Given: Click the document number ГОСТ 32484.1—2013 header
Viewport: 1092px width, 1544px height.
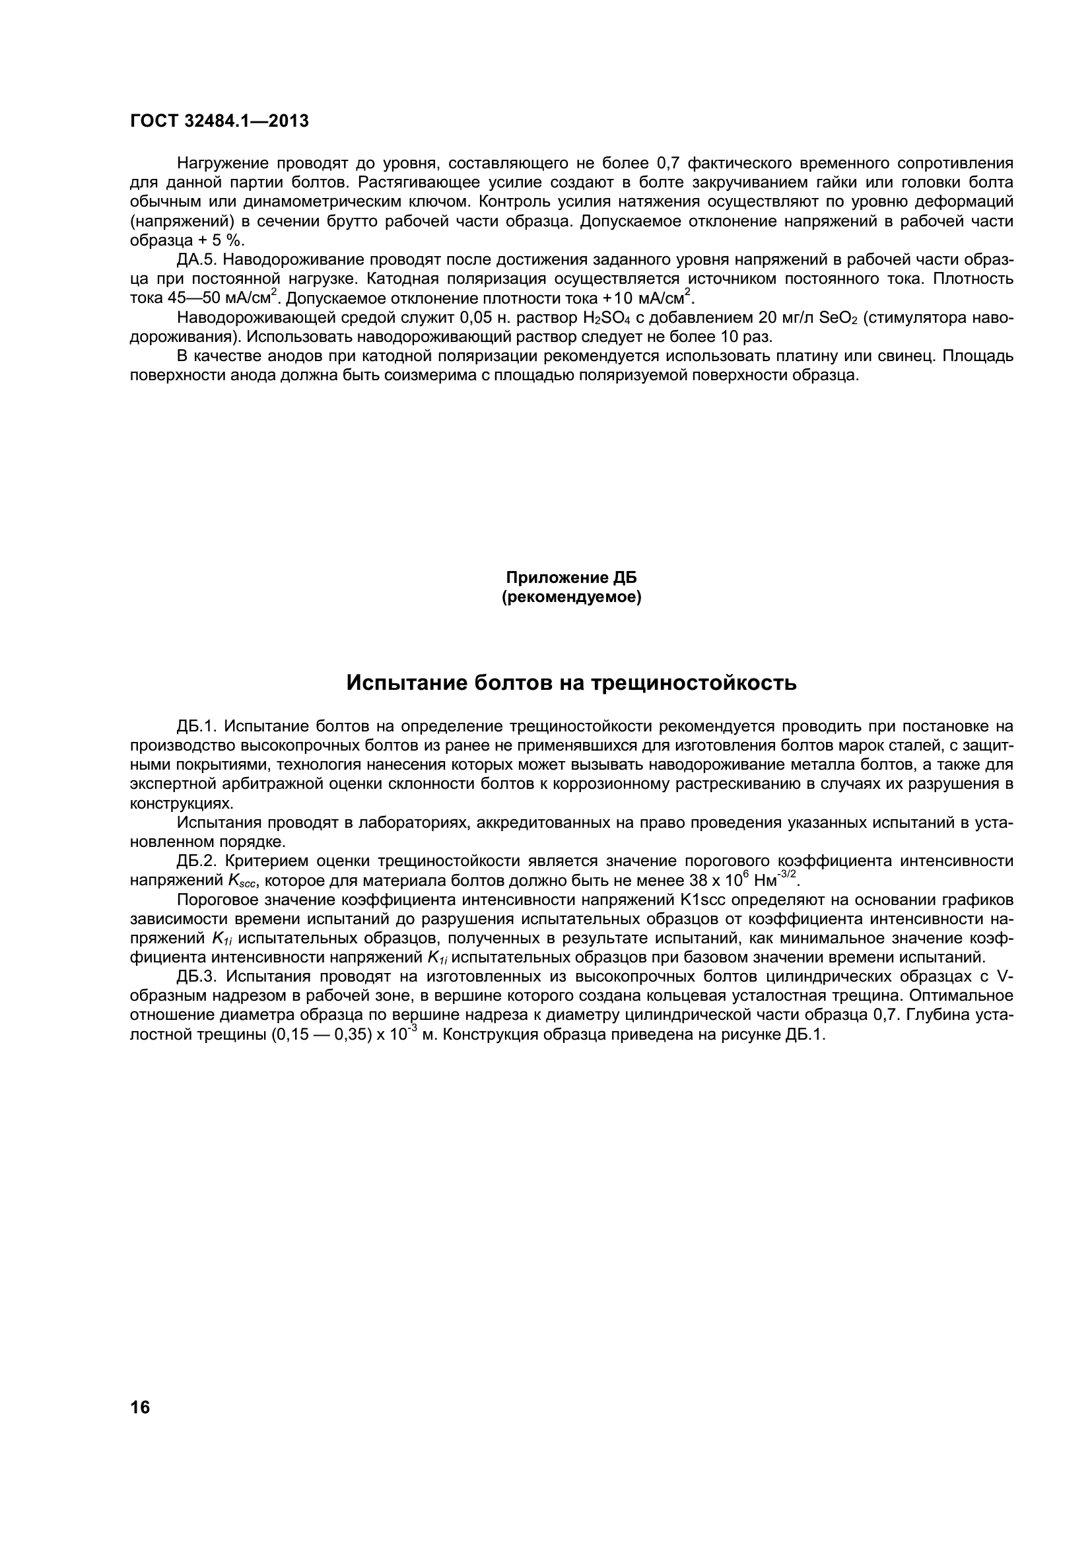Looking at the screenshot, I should coord(219,121).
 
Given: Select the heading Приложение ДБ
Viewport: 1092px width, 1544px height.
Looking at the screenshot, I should coord(571,578).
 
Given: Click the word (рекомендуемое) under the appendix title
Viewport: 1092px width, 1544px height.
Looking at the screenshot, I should coord(572,597).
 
